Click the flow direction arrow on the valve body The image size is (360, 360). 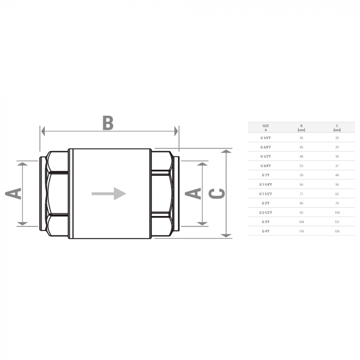point(109,193)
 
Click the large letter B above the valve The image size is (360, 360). point(107,122)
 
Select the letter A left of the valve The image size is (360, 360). point(14,193)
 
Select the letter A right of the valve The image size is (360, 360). point(192,193)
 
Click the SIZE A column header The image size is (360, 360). point(265,128)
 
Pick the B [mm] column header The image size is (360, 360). point(301,128)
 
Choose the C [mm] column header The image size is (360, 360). point(337,128)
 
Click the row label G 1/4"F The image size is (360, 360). point(265,138)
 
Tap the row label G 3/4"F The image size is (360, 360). point(265,166)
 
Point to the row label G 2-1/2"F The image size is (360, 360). point(265,212)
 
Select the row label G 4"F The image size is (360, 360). point(265,231)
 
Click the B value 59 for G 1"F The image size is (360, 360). point(301,175)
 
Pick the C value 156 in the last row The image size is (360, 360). point(337,231)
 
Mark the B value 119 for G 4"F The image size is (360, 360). point(301,231)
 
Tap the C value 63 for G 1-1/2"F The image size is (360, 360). point(337,193)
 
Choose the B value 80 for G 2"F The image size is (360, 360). point(301,203)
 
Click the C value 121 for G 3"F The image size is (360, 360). point(337,222)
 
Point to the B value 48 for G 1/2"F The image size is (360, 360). point(301,156)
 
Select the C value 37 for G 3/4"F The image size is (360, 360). point(337,166)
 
